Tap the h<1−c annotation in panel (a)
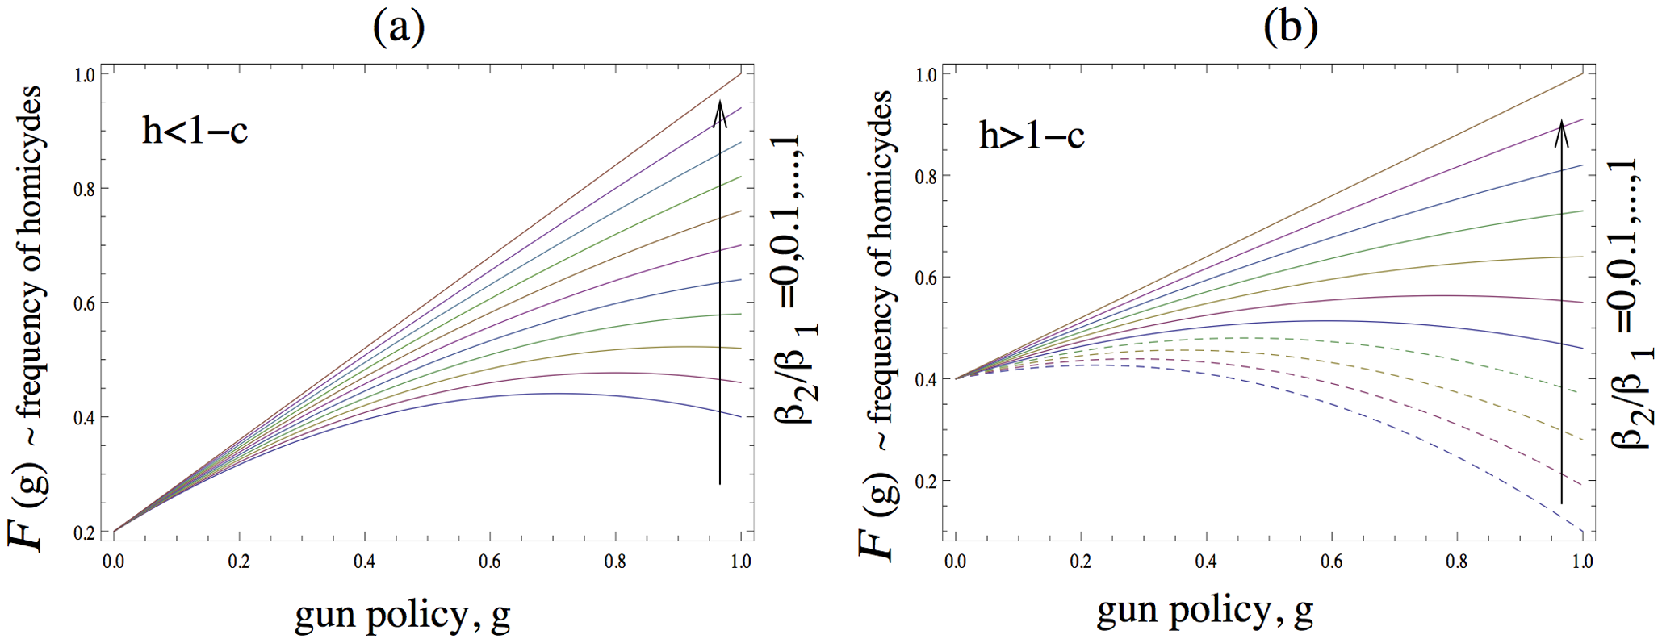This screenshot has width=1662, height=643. pos(195,130)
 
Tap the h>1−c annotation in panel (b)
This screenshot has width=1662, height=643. pos(1032,136)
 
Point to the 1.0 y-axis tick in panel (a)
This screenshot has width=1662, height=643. pos(86,74)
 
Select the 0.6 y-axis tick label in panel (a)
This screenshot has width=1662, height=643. pos(86,303)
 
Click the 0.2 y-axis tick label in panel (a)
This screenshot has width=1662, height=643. pos(86,532)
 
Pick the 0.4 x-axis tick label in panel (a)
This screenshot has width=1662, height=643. pos(364,562)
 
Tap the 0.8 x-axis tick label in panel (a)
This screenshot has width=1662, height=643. pos(615,562)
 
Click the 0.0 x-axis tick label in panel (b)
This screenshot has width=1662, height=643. pos(956,562)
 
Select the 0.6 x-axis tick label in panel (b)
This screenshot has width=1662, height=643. pos(1332,562)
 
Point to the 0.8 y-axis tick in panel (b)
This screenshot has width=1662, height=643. pos(927,176)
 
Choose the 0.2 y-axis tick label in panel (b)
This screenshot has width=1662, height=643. pos(927,481)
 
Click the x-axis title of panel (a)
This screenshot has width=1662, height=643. pos(402,616)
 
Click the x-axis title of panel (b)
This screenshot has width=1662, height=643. pos(1204,612)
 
